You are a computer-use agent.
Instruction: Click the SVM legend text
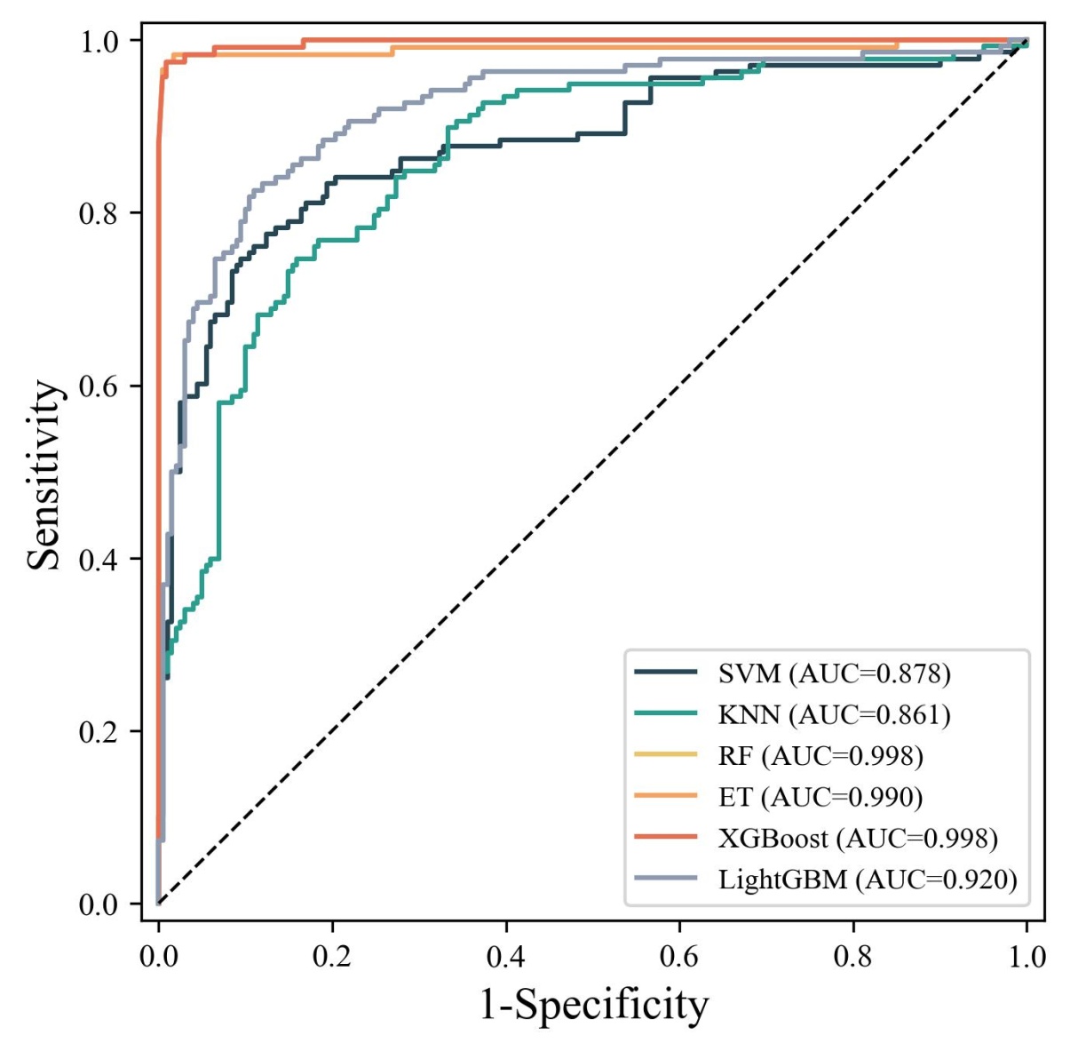click(834, 673)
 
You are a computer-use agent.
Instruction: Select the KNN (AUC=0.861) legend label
click(834, 714)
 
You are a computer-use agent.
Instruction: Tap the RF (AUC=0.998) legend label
click(820, 756)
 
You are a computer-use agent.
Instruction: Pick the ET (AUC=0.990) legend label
click(820, 797)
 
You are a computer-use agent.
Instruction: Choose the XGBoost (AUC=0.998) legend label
click(858, 838)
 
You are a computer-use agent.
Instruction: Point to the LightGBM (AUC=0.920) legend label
click(868, 880)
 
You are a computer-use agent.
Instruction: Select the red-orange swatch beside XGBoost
click(666, 837)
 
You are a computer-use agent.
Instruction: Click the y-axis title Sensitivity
click(44, 474)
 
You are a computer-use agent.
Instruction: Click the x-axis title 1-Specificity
click(594, 1005)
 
